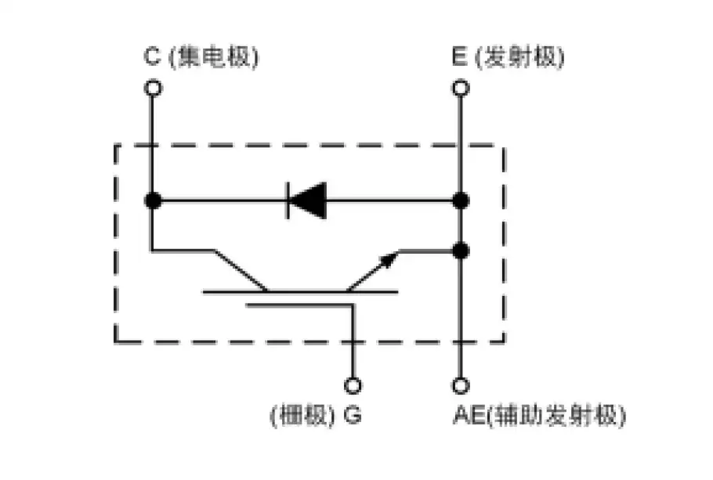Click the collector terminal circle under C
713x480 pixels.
154,88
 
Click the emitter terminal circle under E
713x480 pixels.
461,88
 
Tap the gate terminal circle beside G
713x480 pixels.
353,385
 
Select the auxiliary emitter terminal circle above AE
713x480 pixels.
461,385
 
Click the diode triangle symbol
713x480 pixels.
306,200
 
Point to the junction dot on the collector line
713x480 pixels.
154,200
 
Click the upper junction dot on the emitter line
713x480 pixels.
461,200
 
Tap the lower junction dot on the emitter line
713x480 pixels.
461,251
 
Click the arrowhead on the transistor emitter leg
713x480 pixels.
388,259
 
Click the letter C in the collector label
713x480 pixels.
152,57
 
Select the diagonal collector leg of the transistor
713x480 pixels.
239,270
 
